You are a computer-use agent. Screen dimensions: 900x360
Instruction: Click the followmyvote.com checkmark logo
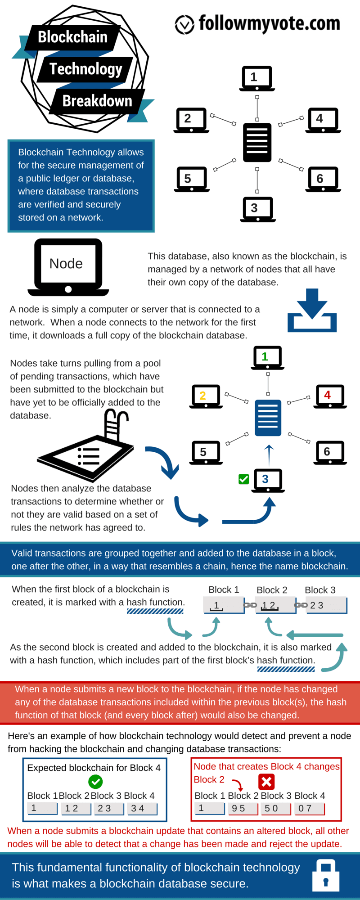tap(184, 24)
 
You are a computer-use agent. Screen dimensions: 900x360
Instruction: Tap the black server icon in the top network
tap(257, 142)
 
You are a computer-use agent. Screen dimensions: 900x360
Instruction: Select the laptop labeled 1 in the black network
tap(257, 78)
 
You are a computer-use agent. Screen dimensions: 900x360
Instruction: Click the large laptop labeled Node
tap(68, 267)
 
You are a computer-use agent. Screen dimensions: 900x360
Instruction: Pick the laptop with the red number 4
tap(330, 396)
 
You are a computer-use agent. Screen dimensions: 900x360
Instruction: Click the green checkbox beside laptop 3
tap(244, 479)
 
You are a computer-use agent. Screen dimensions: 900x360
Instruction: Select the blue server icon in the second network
tap(268, 418)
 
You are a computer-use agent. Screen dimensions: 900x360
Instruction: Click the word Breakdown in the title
tap(97, 101)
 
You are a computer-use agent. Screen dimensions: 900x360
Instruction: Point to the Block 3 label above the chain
tap(320, 590)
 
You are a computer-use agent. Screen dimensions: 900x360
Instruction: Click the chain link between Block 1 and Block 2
tap(250, 605)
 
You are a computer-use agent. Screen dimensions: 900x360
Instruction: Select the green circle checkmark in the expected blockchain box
tap(95, 782)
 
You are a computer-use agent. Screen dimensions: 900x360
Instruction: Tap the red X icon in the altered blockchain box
tap(266, 782)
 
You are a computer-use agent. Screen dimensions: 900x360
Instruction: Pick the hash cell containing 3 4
tap(142, 809)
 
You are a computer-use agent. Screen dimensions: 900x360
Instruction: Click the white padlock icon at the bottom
tap(326, 875)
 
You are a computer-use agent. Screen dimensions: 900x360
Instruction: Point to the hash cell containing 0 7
tap(309, 809)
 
